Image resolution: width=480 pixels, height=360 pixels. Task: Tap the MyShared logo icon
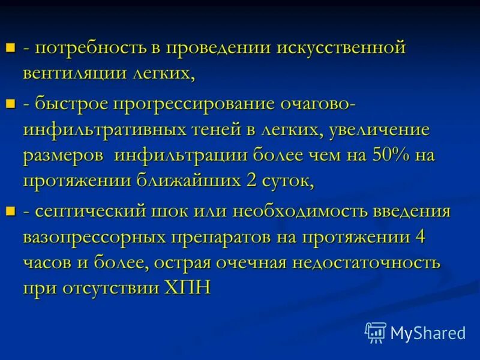pyautogui.click(x=376, y=332)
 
